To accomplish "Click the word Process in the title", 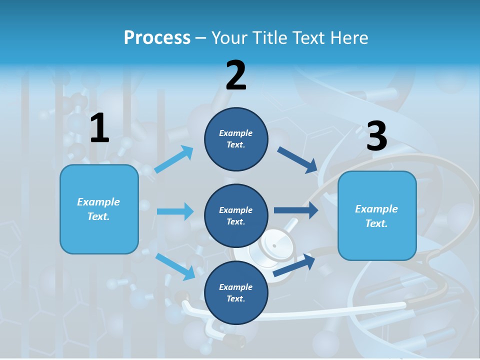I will tap(157, 37).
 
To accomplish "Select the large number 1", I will tap(99, 128).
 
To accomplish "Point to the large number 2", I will tap(236, 75).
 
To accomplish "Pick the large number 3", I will tap(376, 136).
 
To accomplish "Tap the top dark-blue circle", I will tap(236, 139).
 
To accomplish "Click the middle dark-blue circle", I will tap(236, 215).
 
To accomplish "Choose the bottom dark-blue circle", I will tap(236, 292).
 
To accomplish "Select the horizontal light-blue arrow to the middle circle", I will tap(175, 211).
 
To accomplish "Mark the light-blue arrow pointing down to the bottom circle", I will tap(175, 266).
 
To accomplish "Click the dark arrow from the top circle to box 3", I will tap(298, 160).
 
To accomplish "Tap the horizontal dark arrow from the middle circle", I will tap(296, 210).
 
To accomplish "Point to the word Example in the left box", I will tap(98, 202).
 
